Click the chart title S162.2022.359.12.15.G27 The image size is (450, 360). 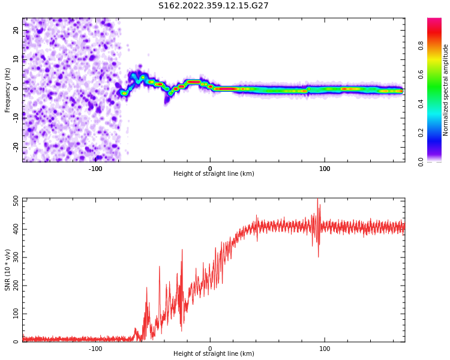point(213,6)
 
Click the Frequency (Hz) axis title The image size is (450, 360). point(8,90)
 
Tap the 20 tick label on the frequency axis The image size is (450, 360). point(17,30)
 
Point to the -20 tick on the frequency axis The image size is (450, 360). point(17,146)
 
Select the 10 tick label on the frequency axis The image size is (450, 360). point(17,59)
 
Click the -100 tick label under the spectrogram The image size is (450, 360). point(95,169)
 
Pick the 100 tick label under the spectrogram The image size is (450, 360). point(325,169)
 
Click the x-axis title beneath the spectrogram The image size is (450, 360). point(214,174)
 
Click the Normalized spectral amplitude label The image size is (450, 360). point(446,90)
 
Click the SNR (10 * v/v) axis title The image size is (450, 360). point(8,270)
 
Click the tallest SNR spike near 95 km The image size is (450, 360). point(317,200)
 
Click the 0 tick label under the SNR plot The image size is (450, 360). point(210,349)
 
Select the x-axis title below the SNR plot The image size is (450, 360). point(214,354)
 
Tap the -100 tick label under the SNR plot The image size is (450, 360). point(95,349)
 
